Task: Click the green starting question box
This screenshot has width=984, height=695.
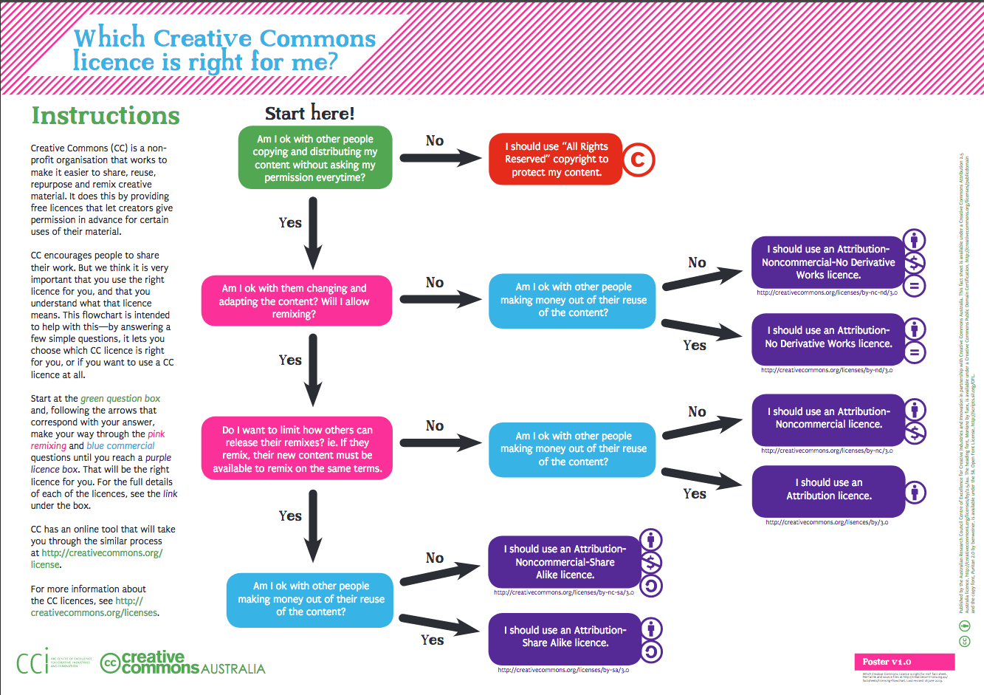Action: click(x=314, y=157)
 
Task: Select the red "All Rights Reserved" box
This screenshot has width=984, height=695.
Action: click(x=556, y=160)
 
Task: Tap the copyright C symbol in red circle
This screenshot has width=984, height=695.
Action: click(x=639, y=160)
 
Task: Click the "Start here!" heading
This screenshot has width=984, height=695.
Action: click(x=310, y=113)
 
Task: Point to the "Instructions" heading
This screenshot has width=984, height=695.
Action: click(x=106, y=116)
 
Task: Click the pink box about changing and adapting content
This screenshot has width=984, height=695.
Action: click(x=294, y=301)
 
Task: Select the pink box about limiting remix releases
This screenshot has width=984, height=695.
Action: click(x=297, y=448)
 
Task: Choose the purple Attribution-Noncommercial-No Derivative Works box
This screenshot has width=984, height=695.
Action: click(x=828, y=262)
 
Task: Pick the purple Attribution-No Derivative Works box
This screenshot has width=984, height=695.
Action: click(x=828, y=337)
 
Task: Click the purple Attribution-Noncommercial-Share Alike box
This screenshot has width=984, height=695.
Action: click(x=565, y=562)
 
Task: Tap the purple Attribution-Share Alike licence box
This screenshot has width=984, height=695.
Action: click(x=565, y=637)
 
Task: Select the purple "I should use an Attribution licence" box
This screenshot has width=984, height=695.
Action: click(x=828, y=490)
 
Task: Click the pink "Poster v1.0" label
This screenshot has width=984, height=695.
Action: click(x=887, y=662)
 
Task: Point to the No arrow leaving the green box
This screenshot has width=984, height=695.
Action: click(x=440, y=157)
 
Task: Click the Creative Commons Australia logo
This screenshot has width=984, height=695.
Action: click(x=182, y=663)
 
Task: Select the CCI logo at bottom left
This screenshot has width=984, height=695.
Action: click(x=32, y=662)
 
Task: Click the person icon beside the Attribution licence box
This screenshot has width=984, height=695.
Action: click(x=915, y=491)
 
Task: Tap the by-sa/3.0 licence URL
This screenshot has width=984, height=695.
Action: click(x=563, y=671)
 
